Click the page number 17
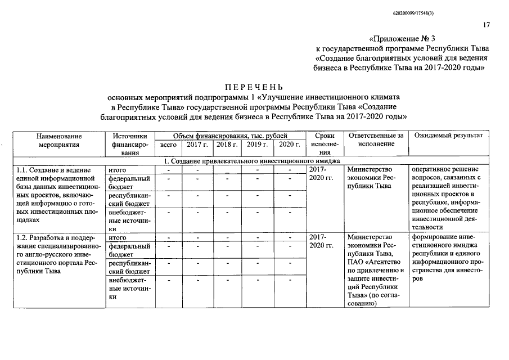(487, 25)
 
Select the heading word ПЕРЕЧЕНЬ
(254, 88)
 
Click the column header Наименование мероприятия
(59, 140)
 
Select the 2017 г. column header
(197, 145)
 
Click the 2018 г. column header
(227, 145)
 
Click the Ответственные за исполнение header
(376, 140)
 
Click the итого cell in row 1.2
(116, 238)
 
